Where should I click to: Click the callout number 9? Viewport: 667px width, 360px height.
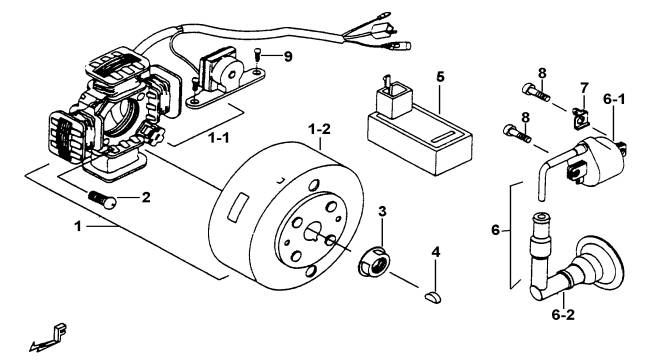pos(288,56)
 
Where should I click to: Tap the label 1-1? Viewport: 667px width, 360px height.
pos(219,137)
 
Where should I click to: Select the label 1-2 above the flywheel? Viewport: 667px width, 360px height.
pos(319,129)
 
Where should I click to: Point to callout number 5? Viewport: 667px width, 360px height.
pos(440,77)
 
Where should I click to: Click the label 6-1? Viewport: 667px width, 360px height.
pos(614,100)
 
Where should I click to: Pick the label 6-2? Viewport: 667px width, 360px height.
pos(563,315)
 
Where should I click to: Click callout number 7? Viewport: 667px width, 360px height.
pos(584,88)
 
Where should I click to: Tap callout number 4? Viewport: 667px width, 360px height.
pos(435,252)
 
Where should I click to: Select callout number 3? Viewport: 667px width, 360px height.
pos(382,211)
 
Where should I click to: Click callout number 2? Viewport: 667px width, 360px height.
pos(146,197)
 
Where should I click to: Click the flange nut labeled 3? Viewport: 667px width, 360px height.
pos(374,261)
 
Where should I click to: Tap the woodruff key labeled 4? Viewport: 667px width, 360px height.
pos(433,297)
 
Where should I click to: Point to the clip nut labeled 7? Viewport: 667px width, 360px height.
pos(580,119)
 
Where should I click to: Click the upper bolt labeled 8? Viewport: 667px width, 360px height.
pos(535,92)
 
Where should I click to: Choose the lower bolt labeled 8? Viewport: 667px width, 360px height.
pos(517,132)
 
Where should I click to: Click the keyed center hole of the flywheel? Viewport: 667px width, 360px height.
pos(313,232)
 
